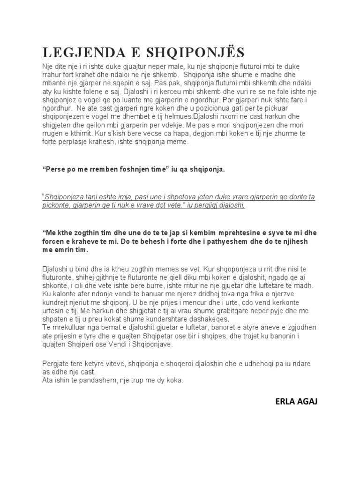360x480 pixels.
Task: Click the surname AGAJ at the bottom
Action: tap(307, 402)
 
